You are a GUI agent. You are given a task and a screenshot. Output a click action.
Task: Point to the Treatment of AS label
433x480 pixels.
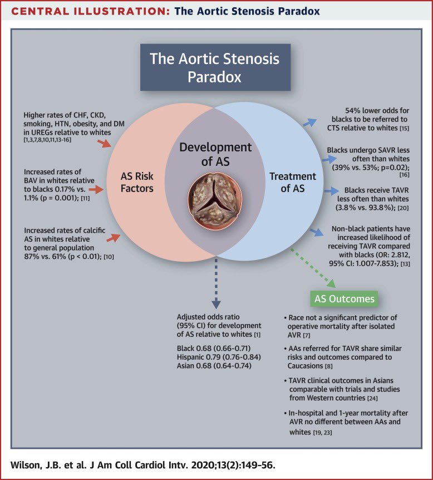click(292, 182)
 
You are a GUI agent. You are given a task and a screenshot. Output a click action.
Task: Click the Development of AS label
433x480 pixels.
click(215, 154)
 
